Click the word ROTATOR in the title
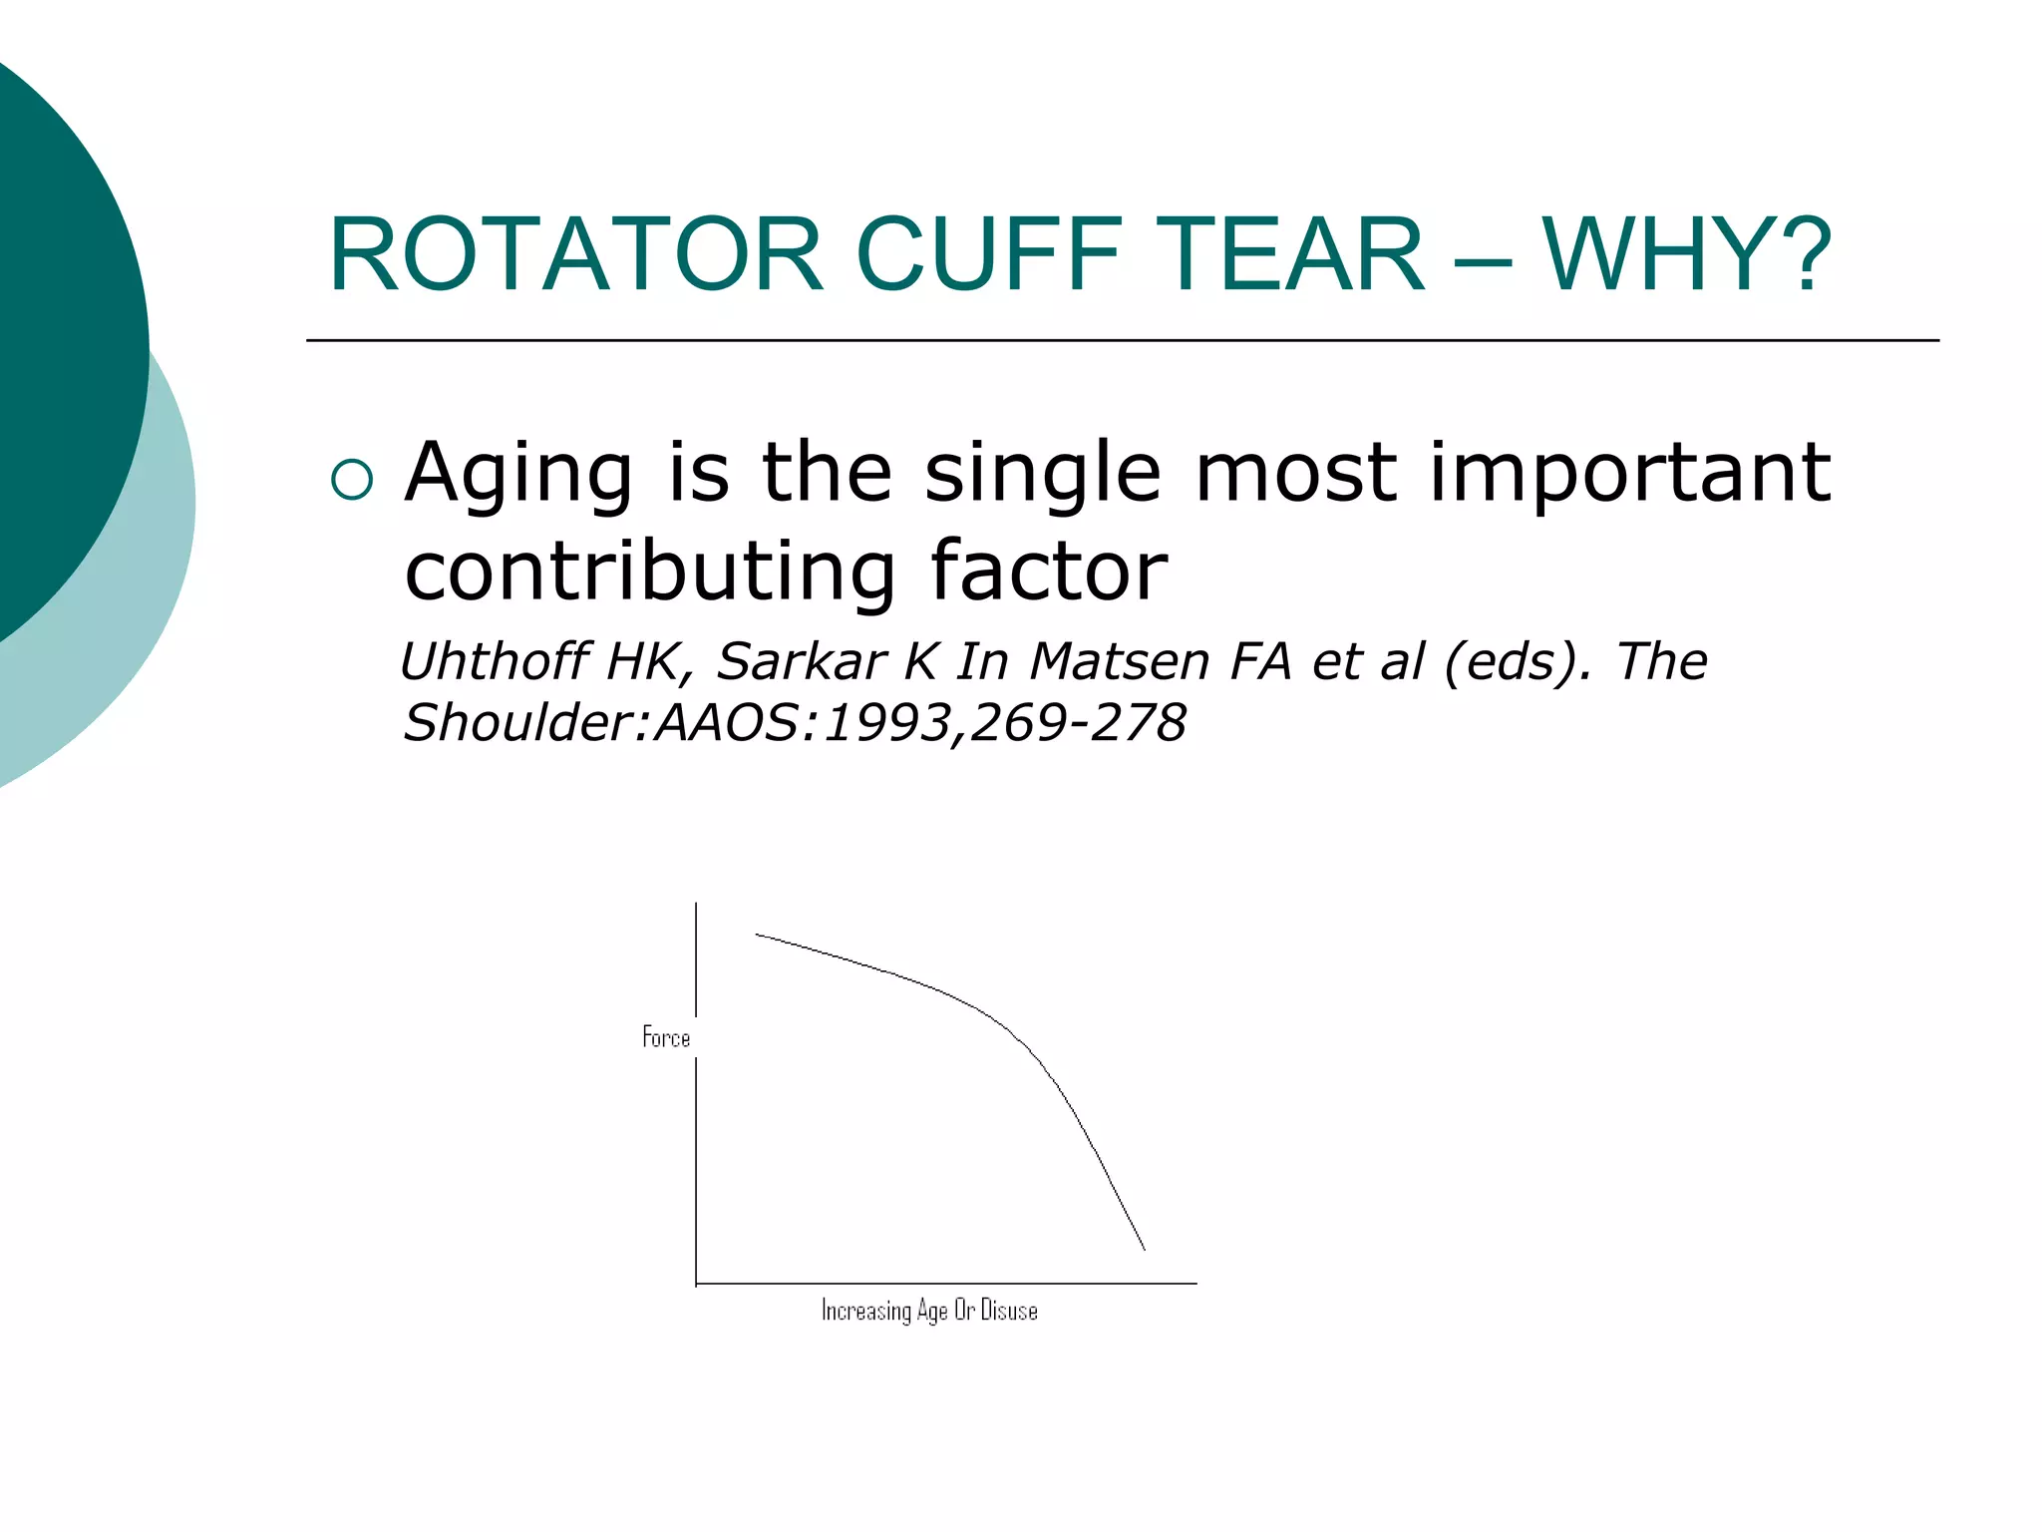click(576, 255)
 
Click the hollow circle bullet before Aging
click(351, 480)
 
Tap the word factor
click(1048, 572)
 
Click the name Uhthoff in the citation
click(494, 661)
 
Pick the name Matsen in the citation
click(1119, 661)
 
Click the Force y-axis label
click(666, 1038)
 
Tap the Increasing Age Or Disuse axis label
click(929, 1311)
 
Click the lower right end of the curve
click(1144, 1249)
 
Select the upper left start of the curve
click(757, 935)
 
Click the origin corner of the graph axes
click(696, 1284)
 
